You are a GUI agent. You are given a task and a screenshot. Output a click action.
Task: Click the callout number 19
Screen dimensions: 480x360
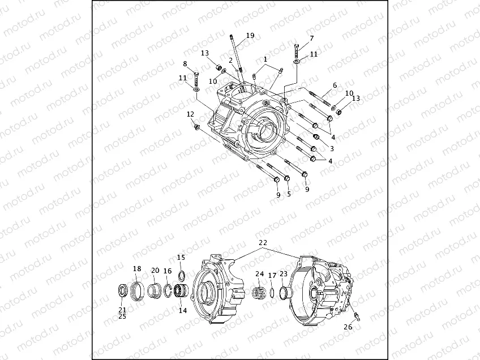(x=250, y=36)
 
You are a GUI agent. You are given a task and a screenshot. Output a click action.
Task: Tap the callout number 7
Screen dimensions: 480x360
(x=312, y=38)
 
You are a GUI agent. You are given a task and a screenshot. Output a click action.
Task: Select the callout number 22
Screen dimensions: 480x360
(x=263, y=242)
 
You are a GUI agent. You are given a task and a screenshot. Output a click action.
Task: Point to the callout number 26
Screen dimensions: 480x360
(x=348, y=327)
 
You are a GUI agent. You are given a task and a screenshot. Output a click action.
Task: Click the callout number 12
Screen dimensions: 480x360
(x=190, y=114)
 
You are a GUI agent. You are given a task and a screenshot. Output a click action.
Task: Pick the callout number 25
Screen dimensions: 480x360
(x=122, y=316)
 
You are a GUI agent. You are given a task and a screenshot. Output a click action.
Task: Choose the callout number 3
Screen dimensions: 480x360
(x=332, y=149)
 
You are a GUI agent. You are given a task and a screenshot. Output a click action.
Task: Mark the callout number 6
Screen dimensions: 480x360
(x=335, y=85)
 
